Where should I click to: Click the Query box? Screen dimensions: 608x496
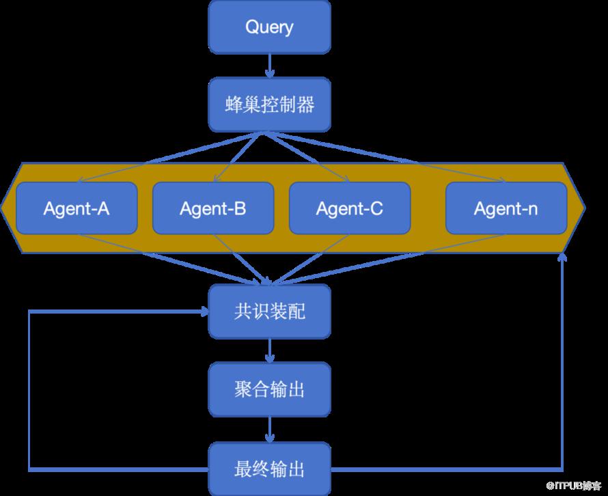click(269, 27)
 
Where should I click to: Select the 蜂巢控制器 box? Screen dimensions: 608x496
click(269, 105)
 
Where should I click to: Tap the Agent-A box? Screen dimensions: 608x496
click(77, 208)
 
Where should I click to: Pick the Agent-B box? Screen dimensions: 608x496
click(213, 208)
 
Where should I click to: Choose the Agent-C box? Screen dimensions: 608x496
click(350, 208)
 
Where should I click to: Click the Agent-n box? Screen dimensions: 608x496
click(506, 208)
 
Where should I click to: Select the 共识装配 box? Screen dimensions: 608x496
click(269, 312)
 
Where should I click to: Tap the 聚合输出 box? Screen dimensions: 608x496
click(269, 389)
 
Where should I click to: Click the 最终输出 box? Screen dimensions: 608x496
click(269, 469)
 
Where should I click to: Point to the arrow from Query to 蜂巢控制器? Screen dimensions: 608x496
click(269, 66)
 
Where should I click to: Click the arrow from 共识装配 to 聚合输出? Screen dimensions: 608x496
click(269, 350)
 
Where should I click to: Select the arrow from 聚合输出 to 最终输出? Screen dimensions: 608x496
click(269, 430)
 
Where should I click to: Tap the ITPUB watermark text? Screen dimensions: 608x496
click(574, 485)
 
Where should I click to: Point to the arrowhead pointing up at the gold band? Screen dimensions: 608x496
click(562, 257)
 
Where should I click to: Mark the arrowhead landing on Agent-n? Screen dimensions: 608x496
click(501, 180)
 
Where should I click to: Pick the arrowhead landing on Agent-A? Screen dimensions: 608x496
click(81, 180)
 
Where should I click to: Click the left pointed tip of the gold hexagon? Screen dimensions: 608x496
click(1, 208)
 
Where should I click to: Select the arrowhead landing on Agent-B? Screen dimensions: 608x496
click(217, 178)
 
